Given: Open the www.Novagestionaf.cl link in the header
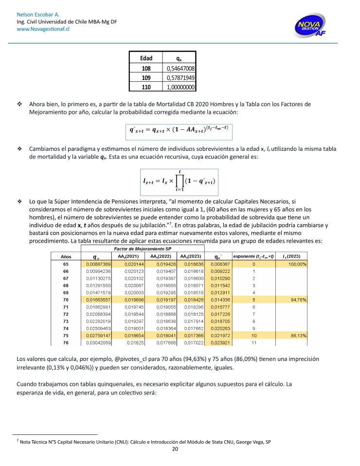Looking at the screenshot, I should pyautogui.click(x=43, y=29).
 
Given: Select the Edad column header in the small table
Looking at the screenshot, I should pyautogui.click(x=146, y=58).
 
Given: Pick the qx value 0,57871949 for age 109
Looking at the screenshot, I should pyautogui.click(x=180, y=78).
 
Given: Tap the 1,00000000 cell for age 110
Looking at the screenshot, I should pyautogui.click(x=180, y=88).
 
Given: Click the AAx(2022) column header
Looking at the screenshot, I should pyautogui.click(x=161, y=256).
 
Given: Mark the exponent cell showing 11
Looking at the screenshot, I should pyautogui.click(x=254, y=343).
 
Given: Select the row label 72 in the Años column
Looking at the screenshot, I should pyautogui.click(x=66, y=315).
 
